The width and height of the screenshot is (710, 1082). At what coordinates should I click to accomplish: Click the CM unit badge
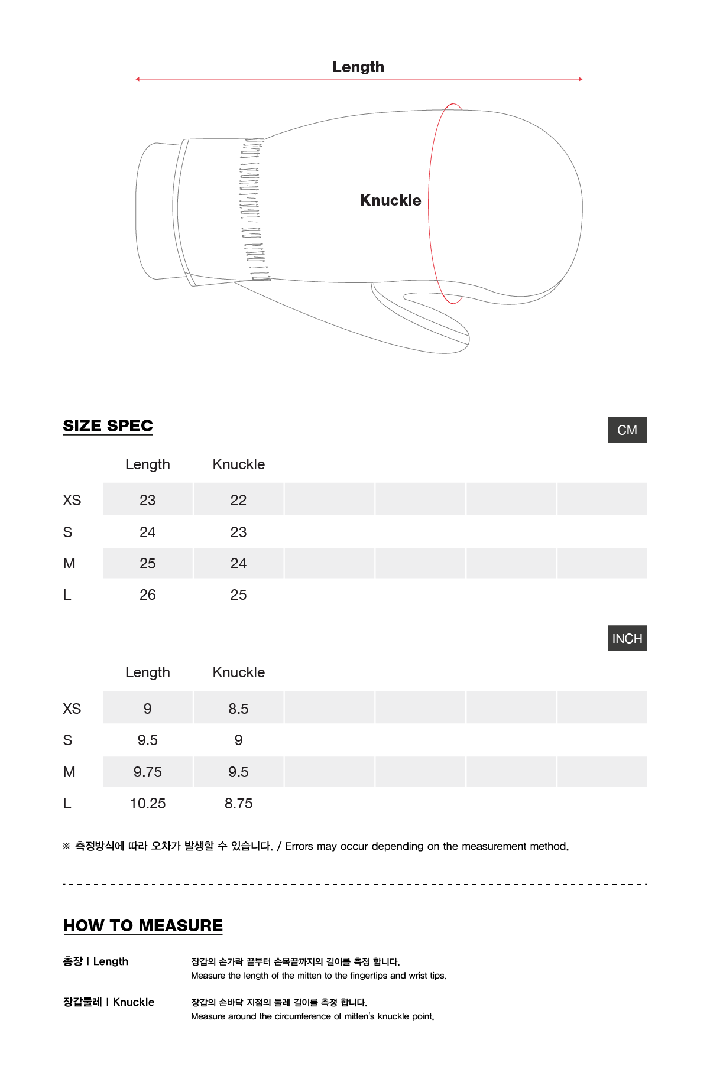coord(627,430)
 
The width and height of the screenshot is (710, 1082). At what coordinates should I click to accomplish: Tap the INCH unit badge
coord(627,638)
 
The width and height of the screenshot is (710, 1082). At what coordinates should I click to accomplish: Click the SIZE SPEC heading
coord(108,425)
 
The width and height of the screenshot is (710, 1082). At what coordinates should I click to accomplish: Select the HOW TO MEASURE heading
coord(143,925)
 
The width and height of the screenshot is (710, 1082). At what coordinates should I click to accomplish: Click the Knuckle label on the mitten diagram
coord(390,200)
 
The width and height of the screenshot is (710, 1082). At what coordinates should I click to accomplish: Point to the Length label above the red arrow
coord(358,67)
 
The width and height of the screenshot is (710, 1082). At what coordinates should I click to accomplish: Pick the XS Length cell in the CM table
coord(148,500)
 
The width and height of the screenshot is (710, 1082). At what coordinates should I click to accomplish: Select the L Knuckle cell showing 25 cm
coord(238,594)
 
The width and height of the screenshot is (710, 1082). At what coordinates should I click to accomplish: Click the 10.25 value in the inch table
coord(148,803)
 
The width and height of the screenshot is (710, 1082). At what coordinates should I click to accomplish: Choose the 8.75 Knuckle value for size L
coord(238,803)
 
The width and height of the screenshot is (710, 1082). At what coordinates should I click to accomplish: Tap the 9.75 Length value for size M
coord(148,772)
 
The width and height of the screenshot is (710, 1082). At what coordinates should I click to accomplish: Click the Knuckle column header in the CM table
coord(238,464)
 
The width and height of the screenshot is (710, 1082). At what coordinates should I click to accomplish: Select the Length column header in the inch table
coord(148,672)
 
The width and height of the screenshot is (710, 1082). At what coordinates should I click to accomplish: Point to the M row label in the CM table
coord(69,563)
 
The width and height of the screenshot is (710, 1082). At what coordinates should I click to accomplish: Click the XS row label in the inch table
coord(72,709)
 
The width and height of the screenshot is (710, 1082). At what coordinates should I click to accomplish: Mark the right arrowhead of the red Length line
coord(581,79)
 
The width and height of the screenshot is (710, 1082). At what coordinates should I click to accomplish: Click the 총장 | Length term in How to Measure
coord(96,961)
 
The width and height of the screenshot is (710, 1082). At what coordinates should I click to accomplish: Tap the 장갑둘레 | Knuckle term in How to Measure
coord(109,1002)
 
